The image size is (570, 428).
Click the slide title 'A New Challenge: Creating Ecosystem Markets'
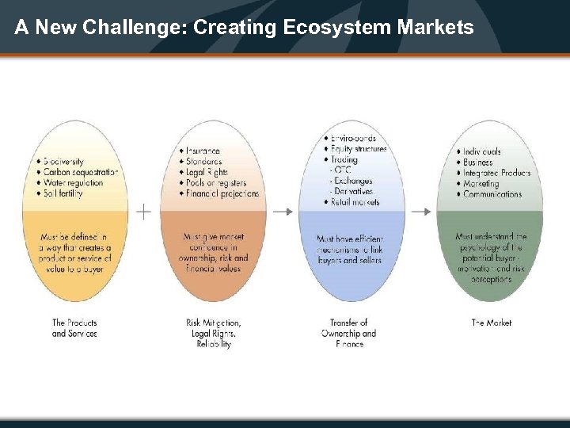pyautogui.click(x=244, y=28)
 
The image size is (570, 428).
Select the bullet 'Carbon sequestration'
pyautogui.click(x=79, y=172)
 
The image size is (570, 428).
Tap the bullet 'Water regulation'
pyautogui.click(x=73, y=183)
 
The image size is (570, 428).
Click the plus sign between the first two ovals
pyautogui.click(x=143, y=212)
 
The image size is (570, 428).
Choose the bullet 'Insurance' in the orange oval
pyautogui.click(x=203, y=151)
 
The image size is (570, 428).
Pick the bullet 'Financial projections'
pyautogui.click(x=222, y=194)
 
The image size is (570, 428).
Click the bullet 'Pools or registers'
pyautogui.click(x=216, y=183)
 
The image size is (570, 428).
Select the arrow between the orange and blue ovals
pyautogui.click(x=283, y=212)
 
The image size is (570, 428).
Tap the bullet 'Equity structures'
pyautogui.click(x=358, y=148)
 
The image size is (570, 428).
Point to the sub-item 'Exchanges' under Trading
pyautogui.click(x=354, y=181)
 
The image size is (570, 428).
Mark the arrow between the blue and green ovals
pyautogui.click(x=422, y=212)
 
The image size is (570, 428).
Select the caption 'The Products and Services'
pyautogui.click(x=74, y=328)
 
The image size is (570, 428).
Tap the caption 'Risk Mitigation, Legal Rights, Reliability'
pyautogui.click(x=214, y=334)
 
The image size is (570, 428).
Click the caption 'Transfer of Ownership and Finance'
pyautogui.click(x=348, y=334)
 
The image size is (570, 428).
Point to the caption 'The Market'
pyautogui.click(x=492, y=323)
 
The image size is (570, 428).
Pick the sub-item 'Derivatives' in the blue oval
pyautogui.click(x=355, y=191)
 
